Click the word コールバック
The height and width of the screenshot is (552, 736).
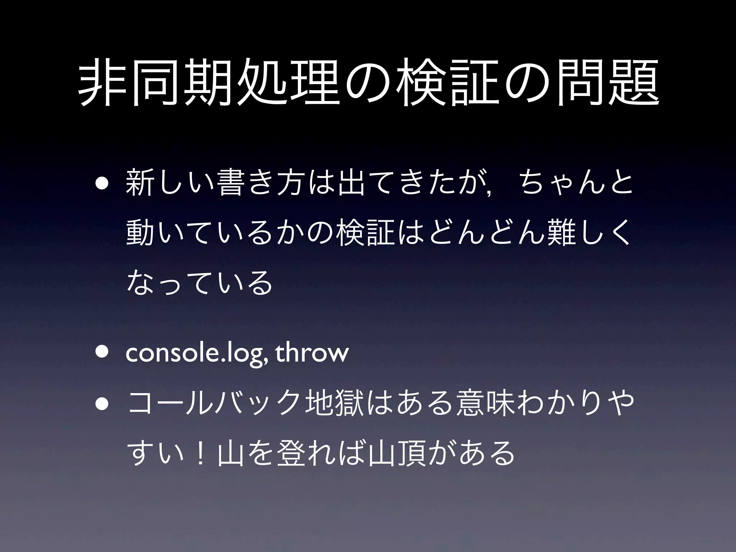(214, 405)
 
